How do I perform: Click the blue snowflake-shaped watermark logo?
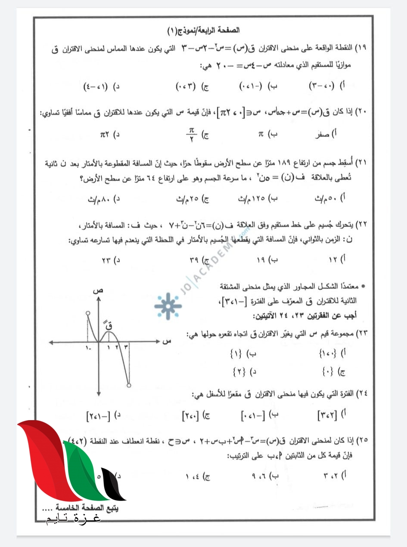pyautogui.click(x=168, y=307)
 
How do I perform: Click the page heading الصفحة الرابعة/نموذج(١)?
pyautogui.click(x=204, y=31)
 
